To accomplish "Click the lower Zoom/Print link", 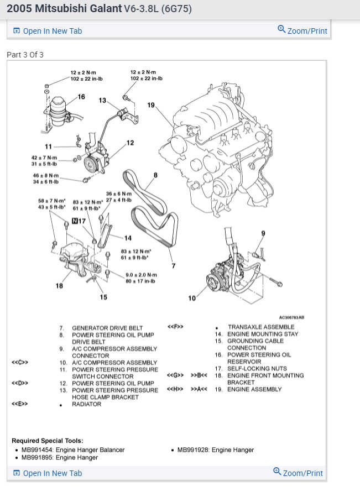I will pos(298,473).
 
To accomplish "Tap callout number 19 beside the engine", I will pos(151,105).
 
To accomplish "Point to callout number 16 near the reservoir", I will pos(81,97).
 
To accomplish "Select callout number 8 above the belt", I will pos(155,175).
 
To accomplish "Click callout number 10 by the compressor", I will pos(192,299).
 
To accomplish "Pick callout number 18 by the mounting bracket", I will pos(59,286).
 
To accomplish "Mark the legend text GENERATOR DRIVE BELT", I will pos(107,328).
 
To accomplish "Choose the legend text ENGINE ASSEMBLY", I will pos(254,389).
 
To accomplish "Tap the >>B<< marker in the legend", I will pos(199,375).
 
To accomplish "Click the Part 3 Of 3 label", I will pos(25,55).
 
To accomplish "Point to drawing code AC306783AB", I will pos(291,318).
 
